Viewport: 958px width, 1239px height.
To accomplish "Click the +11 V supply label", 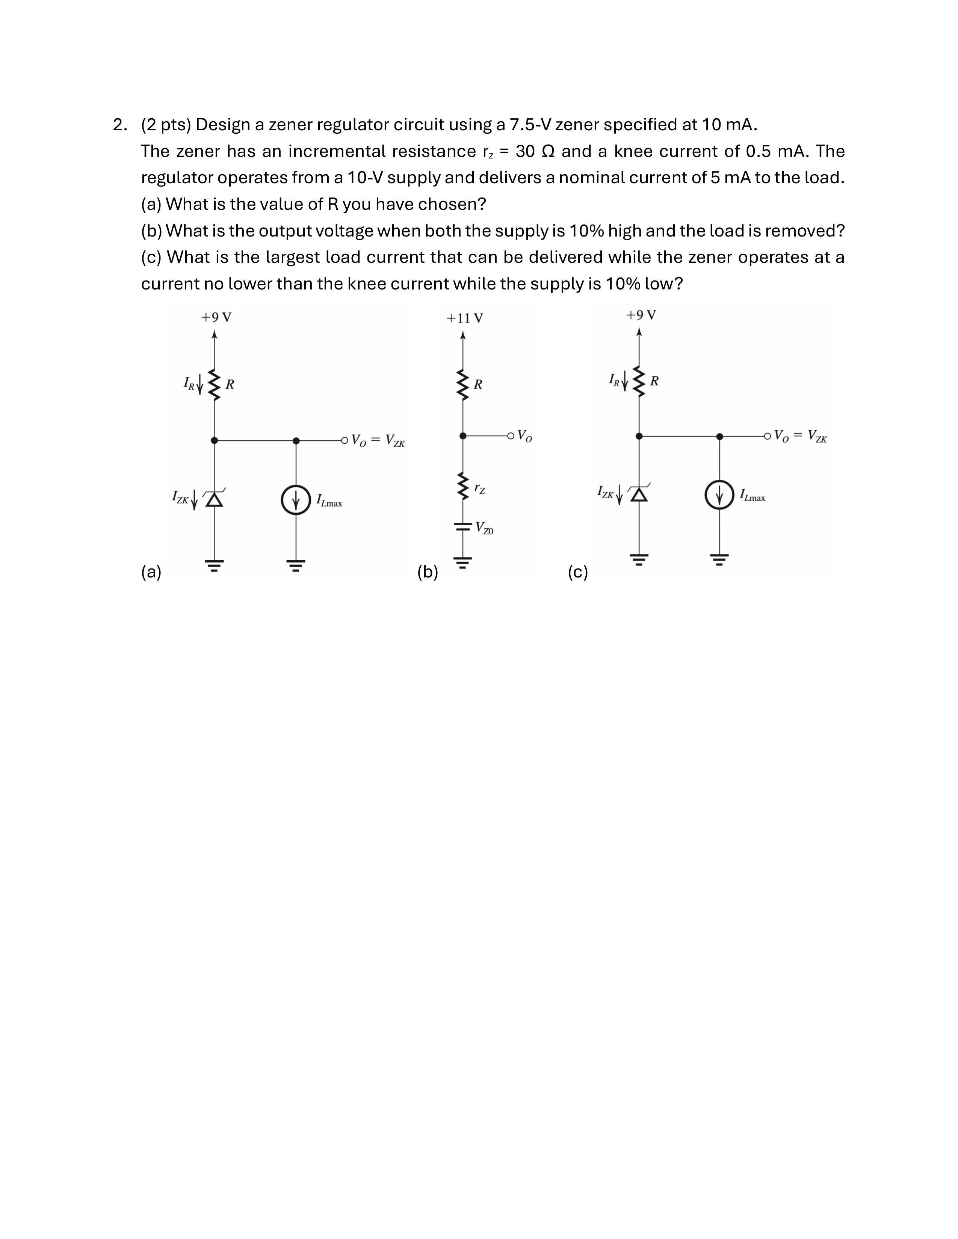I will [x=464, y=318].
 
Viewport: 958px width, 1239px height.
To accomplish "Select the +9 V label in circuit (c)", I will [x=641, y=315].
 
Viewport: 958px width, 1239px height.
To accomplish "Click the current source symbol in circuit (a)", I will [x=296, y=500].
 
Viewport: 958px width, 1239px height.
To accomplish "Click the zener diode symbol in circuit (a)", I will [x=215, y=499].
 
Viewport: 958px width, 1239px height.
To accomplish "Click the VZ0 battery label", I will [x=484, y=528].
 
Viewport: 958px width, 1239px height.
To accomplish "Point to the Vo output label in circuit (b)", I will [x=525, y=436].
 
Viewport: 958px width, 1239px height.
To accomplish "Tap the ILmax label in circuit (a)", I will [x=329, y=501].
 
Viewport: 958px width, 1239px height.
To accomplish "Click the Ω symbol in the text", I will [x=548, y=151].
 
